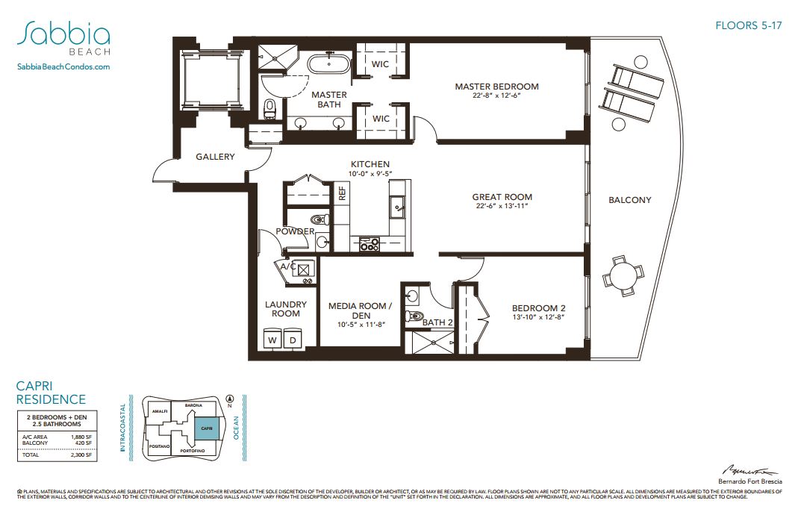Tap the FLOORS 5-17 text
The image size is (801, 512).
click(748, 26)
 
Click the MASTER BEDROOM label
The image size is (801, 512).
click(496, 87)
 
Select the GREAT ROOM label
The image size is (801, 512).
click(502, 198)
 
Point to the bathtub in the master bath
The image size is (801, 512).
click(328, 64)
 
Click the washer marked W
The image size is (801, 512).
click(272, 340)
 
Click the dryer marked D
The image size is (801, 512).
click(293, 340)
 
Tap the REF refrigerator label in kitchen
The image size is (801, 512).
click(342, 194)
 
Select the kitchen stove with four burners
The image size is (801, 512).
click(370, 243)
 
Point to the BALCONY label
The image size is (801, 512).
click(629, 200)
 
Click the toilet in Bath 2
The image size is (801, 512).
click(414, 316)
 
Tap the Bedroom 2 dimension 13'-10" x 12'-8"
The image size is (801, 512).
click(538, 317)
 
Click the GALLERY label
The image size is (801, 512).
click(215, 157)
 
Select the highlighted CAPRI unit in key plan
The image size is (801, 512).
click(207, 428)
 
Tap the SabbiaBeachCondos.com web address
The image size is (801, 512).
click(63, 67)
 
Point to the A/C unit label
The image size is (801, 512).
click(287, 266)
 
